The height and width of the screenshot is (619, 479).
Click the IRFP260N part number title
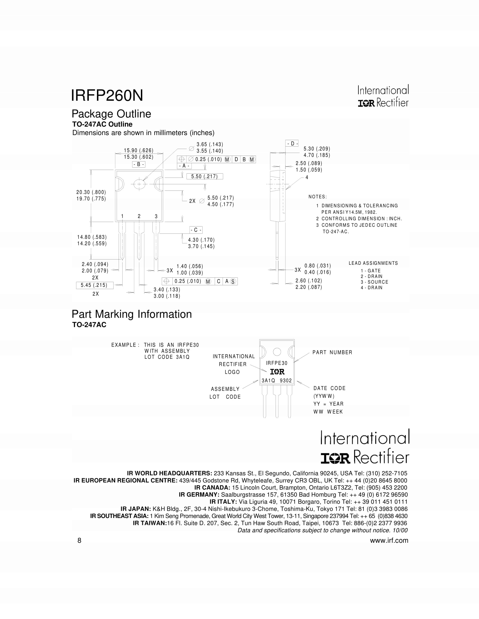[x=107, y=95]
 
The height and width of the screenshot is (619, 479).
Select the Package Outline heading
[x=111, y=114]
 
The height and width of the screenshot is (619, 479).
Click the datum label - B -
[x=139, y=164]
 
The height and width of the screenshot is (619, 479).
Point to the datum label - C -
[x=196, y=230]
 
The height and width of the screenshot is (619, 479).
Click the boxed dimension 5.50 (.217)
[x=204, y=177]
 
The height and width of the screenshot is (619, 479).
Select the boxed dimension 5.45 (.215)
[x=94, y=285]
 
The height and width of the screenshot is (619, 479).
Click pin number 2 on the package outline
[x=139, y=216]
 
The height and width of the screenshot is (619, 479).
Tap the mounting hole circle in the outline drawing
[x=139, y=184]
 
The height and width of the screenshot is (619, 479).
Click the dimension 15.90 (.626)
[x=138, y=151]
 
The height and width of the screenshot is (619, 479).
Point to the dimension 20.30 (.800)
[x=91, y=192]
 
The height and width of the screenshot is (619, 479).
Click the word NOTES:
[x=318, y=197]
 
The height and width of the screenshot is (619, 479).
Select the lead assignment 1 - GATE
[x=371, y=271]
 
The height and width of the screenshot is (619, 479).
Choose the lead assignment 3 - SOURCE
[x=374, y=282]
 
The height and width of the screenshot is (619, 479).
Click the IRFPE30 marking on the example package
[x=277, y=363]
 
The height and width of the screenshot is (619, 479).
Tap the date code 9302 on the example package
[x=286, y=381]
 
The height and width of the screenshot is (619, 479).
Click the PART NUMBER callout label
[x=332, y=352]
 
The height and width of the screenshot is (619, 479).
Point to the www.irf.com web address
[x=389, y=540]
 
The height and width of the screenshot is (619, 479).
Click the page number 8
[x=79, y=540]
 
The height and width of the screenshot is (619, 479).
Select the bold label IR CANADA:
[x=212, y=488]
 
